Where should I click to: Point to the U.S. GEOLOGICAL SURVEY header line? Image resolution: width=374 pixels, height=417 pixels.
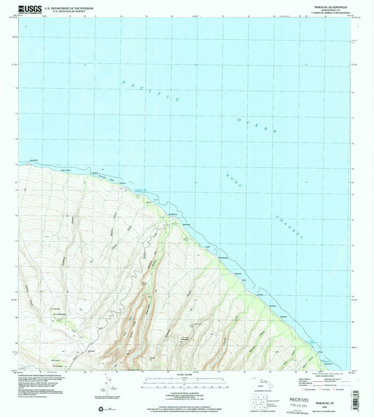(x=66, y=11)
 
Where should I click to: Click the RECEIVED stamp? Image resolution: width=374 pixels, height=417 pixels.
(x=288, y=385)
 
